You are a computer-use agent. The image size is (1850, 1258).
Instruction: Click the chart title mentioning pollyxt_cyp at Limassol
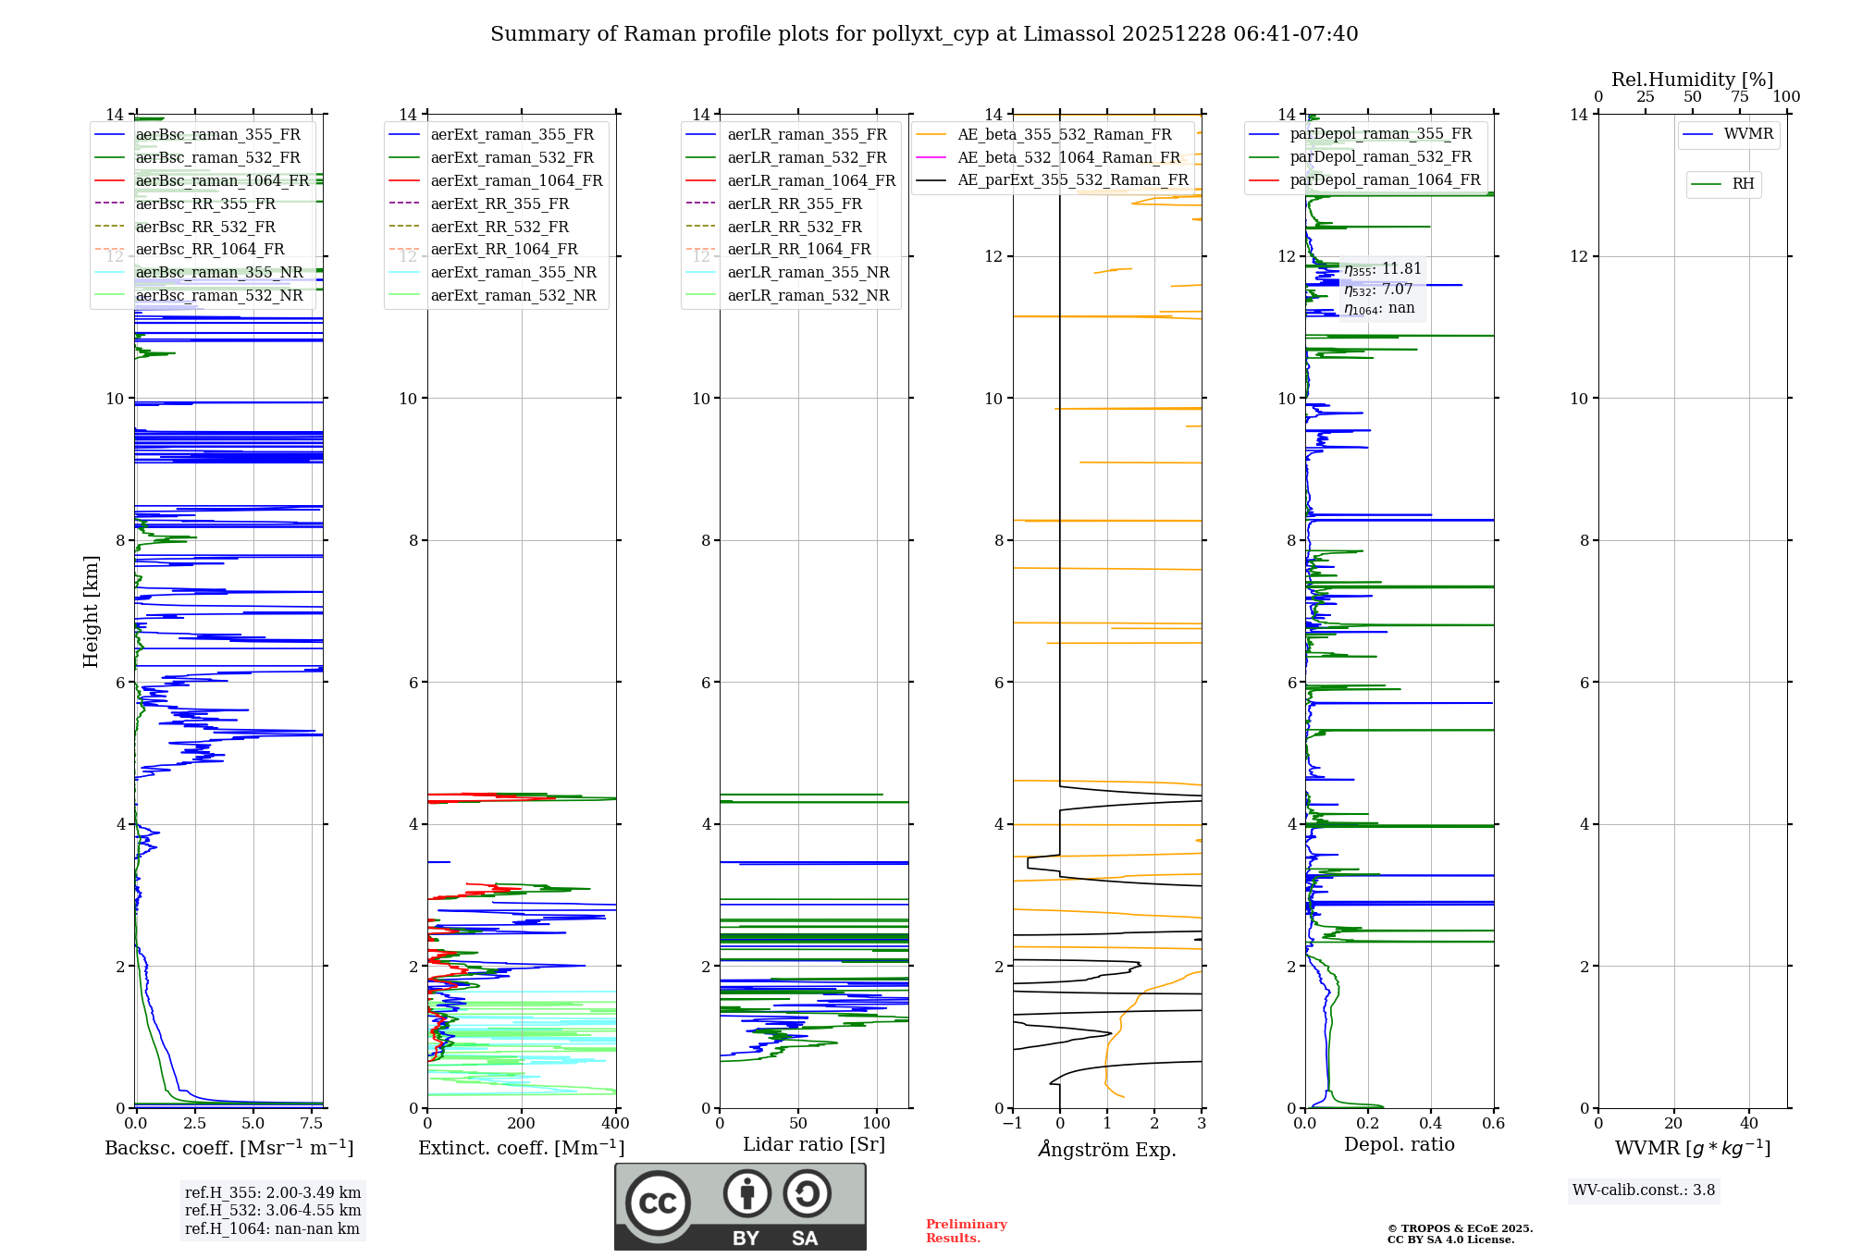point(924,34)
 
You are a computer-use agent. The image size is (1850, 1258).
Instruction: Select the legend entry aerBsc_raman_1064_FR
point(222,180)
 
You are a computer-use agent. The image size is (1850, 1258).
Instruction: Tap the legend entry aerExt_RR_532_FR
point(499,227)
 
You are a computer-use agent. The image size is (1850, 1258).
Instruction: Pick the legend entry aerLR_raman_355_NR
point(808,272)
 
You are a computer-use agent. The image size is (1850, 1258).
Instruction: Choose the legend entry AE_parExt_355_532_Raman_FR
point(1072,179)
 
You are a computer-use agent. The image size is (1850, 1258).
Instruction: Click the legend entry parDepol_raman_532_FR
point(1380,157)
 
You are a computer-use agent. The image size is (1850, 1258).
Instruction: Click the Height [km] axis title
point(91,610)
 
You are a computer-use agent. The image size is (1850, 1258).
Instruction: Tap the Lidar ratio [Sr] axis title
point(814,1144)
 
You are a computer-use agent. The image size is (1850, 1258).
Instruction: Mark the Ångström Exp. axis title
point(1107,1149)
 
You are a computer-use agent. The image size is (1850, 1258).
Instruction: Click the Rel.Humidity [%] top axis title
point(1692,80)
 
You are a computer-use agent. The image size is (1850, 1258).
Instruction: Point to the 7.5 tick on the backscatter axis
point(312,1123)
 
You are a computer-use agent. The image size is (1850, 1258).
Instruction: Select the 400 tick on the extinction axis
point(615,1123)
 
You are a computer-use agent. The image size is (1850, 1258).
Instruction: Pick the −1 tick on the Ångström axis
point(1013,1123)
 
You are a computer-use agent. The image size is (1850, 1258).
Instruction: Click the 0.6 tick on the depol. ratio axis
point(1493,1123)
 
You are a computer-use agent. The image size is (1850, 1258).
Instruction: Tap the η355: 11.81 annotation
point(1383,269)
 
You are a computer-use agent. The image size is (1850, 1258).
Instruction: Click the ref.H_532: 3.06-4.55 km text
point(273,1210)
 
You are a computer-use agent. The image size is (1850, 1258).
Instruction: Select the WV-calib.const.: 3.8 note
point(1643,1190)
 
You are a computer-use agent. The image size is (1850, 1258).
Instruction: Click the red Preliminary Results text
point(966,1230)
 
